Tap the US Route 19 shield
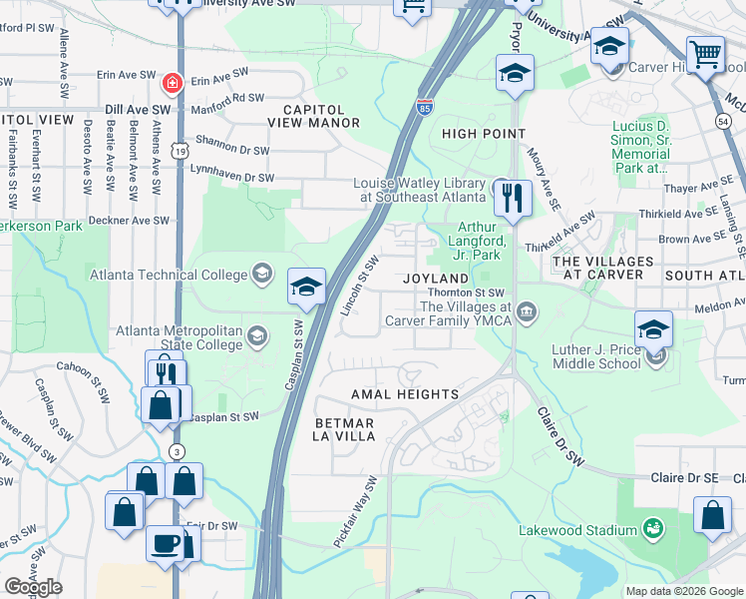[x=178, y=150]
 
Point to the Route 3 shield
[x=177, y=450]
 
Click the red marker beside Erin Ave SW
[x=172, y=81]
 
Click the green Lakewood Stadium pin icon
[x=653, y=526]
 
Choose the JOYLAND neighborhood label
[x=435, y=278]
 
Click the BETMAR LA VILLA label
[x=344, y=430]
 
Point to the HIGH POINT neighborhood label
[x=484, y=134]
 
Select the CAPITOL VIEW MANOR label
[x=313, y=116]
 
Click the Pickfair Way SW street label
[x=356, y=512]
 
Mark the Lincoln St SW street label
[x=360, y=286]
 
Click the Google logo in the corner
[x=33, y=587]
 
